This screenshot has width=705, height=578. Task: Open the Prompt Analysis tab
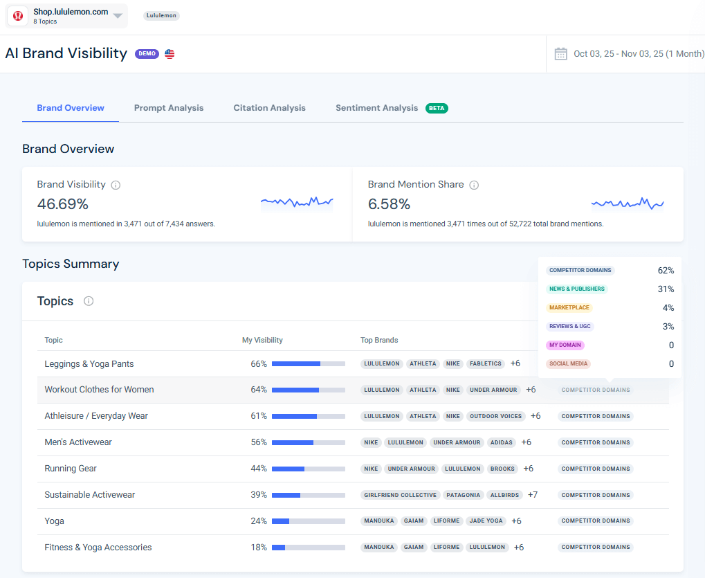point(169,108)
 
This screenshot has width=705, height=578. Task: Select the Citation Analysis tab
point(269,108)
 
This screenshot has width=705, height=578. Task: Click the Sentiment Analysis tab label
point(376,108)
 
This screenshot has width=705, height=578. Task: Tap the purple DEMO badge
point(147,54)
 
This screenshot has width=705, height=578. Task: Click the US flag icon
point(170,54)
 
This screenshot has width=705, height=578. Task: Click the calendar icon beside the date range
point(560,54)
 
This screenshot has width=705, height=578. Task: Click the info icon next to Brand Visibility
point(116,185)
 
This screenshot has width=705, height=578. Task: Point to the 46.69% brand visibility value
point(63,204)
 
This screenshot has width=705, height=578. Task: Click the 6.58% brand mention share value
point(389,204)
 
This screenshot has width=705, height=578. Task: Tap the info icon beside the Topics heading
point(89,301)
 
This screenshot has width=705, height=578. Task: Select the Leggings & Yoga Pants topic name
point(89,364)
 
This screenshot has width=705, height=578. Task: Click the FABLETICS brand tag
point(485,363)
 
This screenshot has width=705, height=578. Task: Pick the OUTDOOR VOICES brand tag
point(496,416)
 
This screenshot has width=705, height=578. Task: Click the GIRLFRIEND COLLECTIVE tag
point(401,495)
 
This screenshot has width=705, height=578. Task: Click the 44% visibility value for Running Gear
point(259,469)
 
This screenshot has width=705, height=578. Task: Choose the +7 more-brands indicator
point(533,495)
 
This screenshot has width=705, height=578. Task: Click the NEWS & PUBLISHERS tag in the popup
point(576,289)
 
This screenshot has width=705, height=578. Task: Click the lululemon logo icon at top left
point(19,16)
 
